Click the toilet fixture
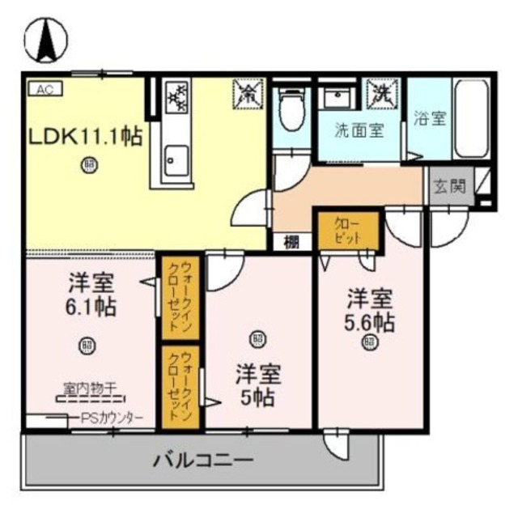point(291,113)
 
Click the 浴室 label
point(430,118)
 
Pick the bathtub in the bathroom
point(469,119)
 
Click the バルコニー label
point(203,461)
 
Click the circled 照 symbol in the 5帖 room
point(257,338)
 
